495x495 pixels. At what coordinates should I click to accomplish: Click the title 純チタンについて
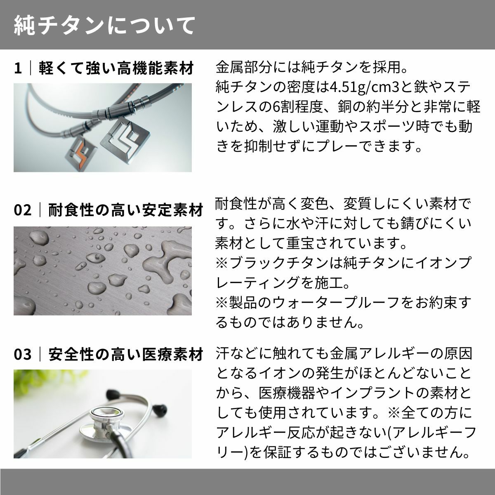(x=104, y=26)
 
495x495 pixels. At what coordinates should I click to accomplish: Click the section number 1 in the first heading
(x=18, y=68)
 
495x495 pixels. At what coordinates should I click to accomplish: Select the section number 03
(x=23, y=354)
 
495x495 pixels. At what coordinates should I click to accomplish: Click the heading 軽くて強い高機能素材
(x=116, y=68)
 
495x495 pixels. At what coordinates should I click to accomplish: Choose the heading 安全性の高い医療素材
(x=126, y=354)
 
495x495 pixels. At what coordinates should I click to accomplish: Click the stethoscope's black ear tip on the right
(x=160, y=409)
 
